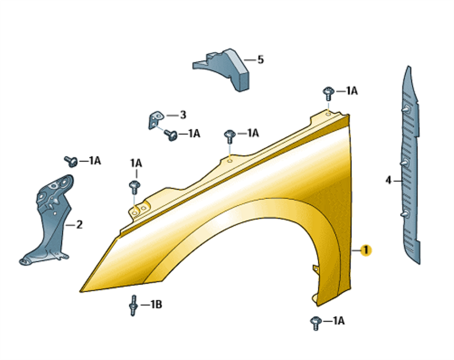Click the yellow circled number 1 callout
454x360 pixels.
[365, 250]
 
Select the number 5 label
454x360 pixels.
[260, 60]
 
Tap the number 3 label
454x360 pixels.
[183, 115]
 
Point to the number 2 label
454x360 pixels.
[79, 224]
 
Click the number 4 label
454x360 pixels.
[389, 180]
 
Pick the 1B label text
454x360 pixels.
[156, 304]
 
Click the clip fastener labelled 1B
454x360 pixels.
[133, 305]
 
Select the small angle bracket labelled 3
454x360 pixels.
[155, 119]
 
